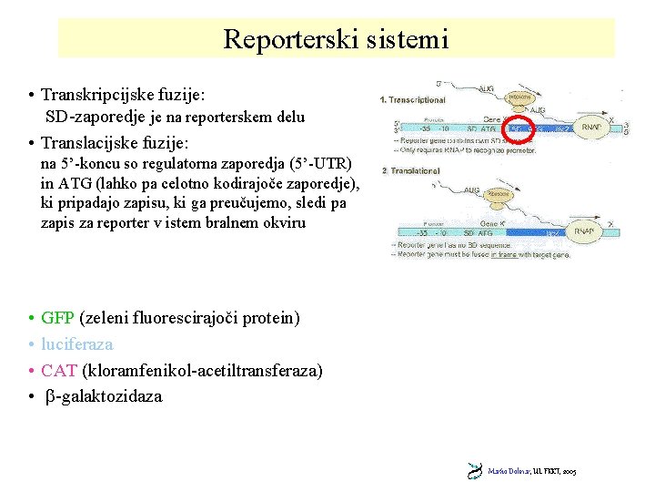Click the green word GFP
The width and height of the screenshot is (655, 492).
pyautogui.click(x=58, y=318)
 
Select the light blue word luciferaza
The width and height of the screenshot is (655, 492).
pyautogui.click(x=77, y=344)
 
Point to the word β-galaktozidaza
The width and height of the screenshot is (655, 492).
pyautogui.click(x=104, y=396)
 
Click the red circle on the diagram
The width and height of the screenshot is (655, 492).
pyautogui.click(x=521, y=129)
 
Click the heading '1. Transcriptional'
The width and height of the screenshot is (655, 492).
pyautogui.click(x=413, y=99)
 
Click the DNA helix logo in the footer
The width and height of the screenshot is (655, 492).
pyautogui.click(x=475, y=470)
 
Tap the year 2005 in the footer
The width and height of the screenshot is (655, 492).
pyautogui.click(x=569, y=471)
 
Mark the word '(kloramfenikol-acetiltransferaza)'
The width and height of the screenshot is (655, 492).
pyautogui.click(x=202, y=371)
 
